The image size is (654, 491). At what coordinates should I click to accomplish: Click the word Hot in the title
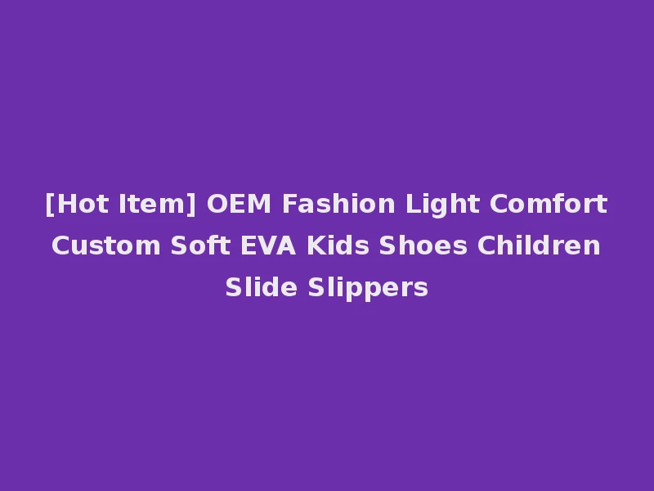pyautogui.click(x=78, y=204)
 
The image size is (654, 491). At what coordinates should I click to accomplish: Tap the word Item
pyautogui.click(x=155, y=204)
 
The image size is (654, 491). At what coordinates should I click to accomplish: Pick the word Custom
pyautogui.click(x=106, y=245)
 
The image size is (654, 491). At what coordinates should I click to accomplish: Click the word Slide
pyautogui.click(x=262, y=287)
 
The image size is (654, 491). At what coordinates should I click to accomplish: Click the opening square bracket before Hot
pyautogui.click(x=50, y=204)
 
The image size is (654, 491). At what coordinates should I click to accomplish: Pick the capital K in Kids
pyautogui.click(x=315, y=245)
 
